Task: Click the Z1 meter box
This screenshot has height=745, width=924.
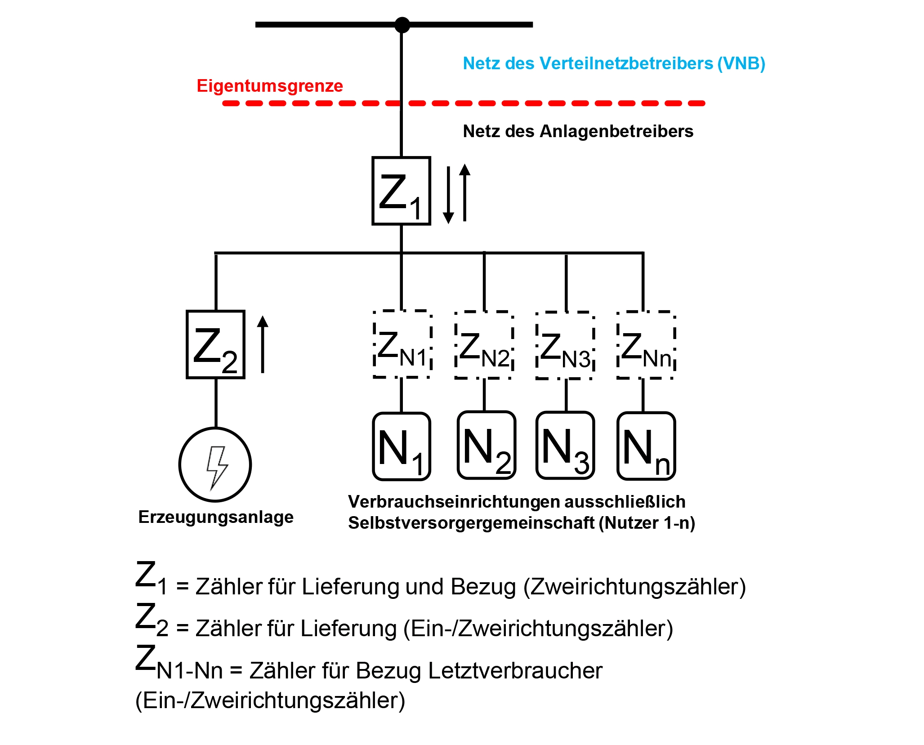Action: tap(401, 191)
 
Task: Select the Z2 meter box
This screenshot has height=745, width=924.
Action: tap(215, 344)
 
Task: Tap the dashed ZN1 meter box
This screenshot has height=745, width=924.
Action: tap(402, 344)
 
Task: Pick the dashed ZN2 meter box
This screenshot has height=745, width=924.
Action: tap(484, 345)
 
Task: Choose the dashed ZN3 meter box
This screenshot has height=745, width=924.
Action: tap(565, 345)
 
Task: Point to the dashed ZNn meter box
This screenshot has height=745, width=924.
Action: tap(646, 345)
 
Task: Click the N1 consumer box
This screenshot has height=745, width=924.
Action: tap(402, 446)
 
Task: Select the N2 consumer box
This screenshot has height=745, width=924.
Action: tap(486, 445)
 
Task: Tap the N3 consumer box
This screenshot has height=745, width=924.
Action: tap(565, 445)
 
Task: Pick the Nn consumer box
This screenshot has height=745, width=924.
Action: tap(646, 446)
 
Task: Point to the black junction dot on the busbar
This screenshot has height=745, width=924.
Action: tap(402, 25)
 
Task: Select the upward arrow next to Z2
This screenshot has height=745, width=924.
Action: tap(263, 344)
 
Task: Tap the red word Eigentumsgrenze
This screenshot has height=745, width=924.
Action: tap(270, 86)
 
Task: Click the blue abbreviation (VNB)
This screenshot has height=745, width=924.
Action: tap(741, 63)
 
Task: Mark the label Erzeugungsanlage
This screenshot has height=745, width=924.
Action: tap(216, 517)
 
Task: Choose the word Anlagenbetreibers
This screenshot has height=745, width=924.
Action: tap(616, 131)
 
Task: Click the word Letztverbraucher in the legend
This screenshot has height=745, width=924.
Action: tap(515, 671)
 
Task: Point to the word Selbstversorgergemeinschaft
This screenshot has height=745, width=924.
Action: tap(471, 523)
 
